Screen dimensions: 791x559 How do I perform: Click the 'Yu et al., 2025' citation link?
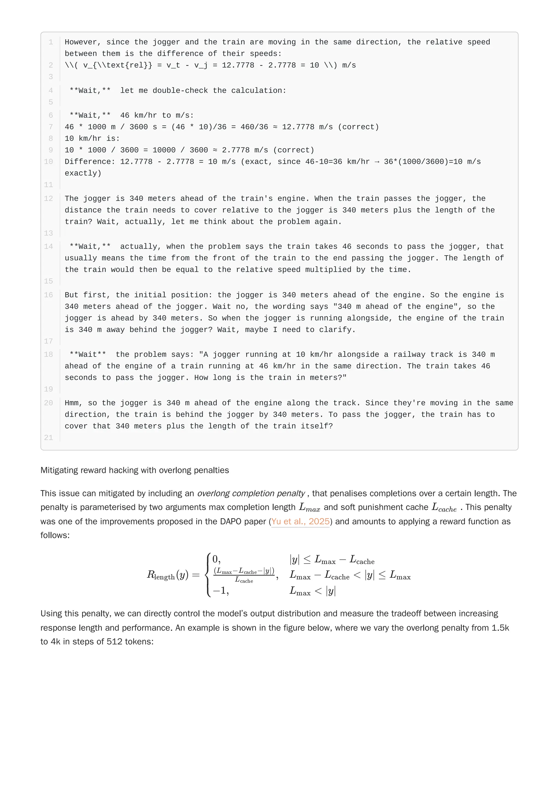click(x=300, y=521)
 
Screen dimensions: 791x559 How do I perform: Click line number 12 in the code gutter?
click(x=49, y=199)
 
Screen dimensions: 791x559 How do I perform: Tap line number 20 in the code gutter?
click(x=49, y=403)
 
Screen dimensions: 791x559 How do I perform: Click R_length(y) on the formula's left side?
click(x=168, y=575)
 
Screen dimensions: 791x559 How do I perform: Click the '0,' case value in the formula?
click(x=216, y=559)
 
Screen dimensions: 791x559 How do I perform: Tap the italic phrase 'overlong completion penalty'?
click(x=251, y=493)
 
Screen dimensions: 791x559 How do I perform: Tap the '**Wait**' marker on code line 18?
click(x=88, y=354)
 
